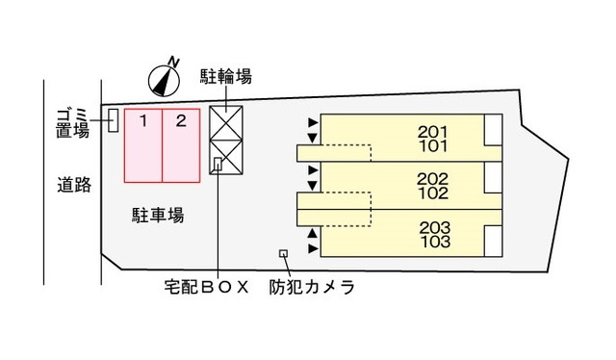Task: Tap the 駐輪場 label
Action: [x=226, y=76]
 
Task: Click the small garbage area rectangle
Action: [x=113, y=120]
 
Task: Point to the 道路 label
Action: [x=73, y=185]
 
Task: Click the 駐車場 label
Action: [x=158, y=214]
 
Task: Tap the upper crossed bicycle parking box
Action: [x=227, y=124]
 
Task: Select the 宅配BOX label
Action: [x=205, y=287]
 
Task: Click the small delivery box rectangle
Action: [x=218, y=164]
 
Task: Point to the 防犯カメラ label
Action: [x=313, y=287]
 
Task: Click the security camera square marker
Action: [x=282, y=253]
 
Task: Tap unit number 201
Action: [x=435, y=132]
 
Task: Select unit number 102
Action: [x=434, y=193]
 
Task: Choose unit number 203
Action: [x=435, y=227]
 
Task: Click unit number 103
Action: [x=435, y=242]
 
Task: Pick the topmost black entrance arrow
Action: [x=312, y=123]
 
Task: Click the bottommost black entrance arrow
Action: [x=312, y=248]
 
